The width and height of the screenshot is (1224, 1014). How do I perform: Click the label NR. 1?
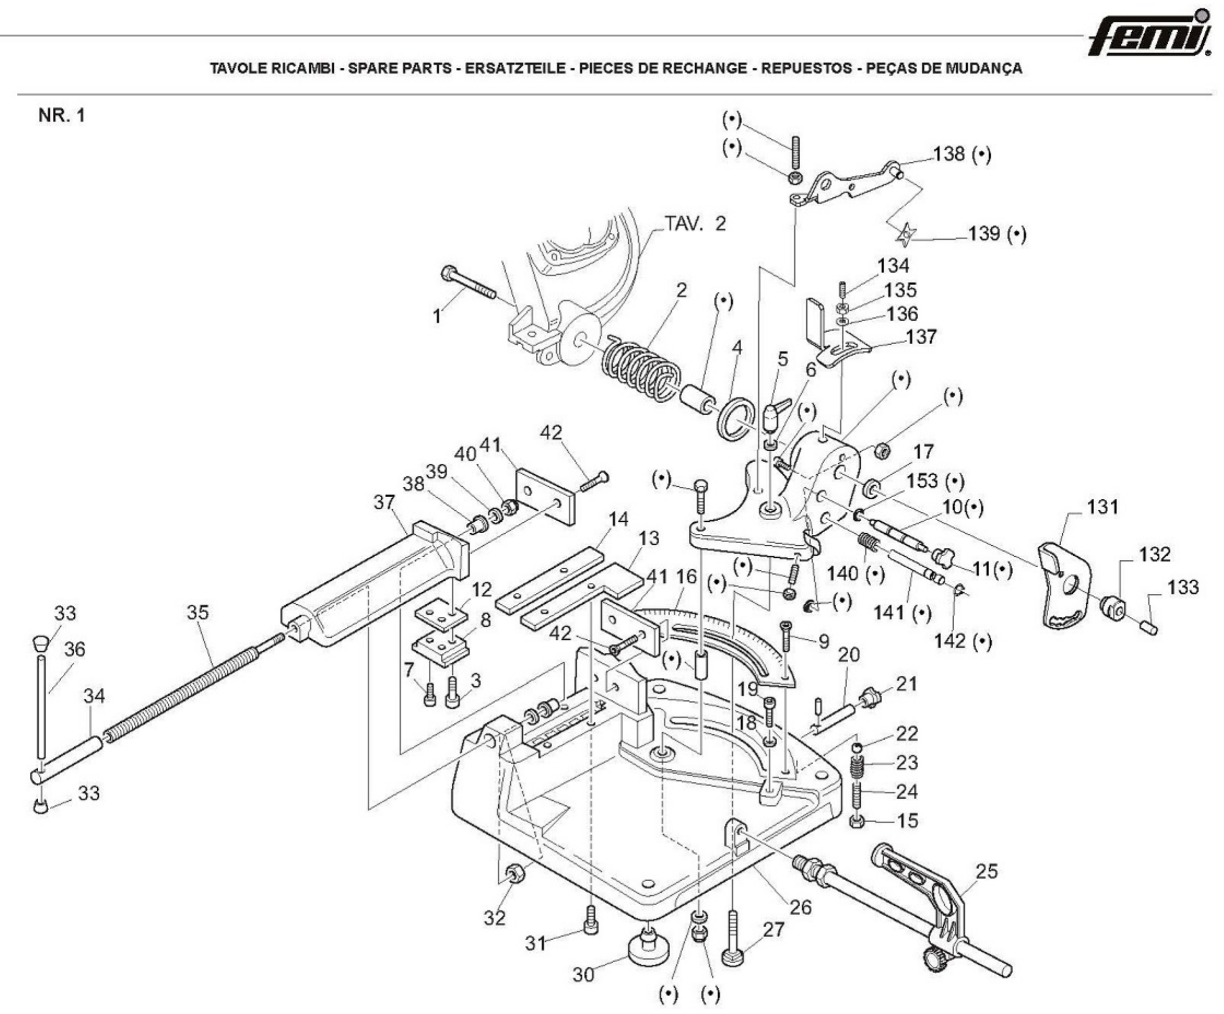(x=61, y=115)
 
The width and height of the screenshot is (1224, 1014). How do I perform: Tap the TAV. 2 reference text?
(x=695, y=223)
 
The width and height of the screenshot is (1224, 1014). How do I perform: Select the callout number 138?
(x=948, y=154)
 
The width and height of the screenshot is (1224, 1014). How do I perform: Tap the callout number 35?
(x=198, y=612)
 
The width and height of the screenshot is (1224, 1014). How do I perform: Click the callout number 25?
(x=987, y=871)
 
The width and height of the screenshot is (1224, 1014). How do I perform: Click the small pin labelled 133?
(x=1149, y=628)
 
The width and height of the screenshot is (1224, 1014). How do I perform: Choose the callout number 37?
(x=384, y=502)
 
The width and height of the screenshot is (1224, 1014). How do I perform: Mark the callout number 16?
(x=686, y=577)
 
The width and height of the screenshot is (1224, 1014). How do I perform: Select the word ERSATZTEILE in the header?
(x=515, y=68)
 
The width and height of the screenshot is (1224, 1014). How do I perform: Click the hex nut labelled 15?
(x=856, y=822)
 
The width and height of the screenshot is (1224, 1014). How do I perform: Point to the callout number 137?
(x=921, y=337)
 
